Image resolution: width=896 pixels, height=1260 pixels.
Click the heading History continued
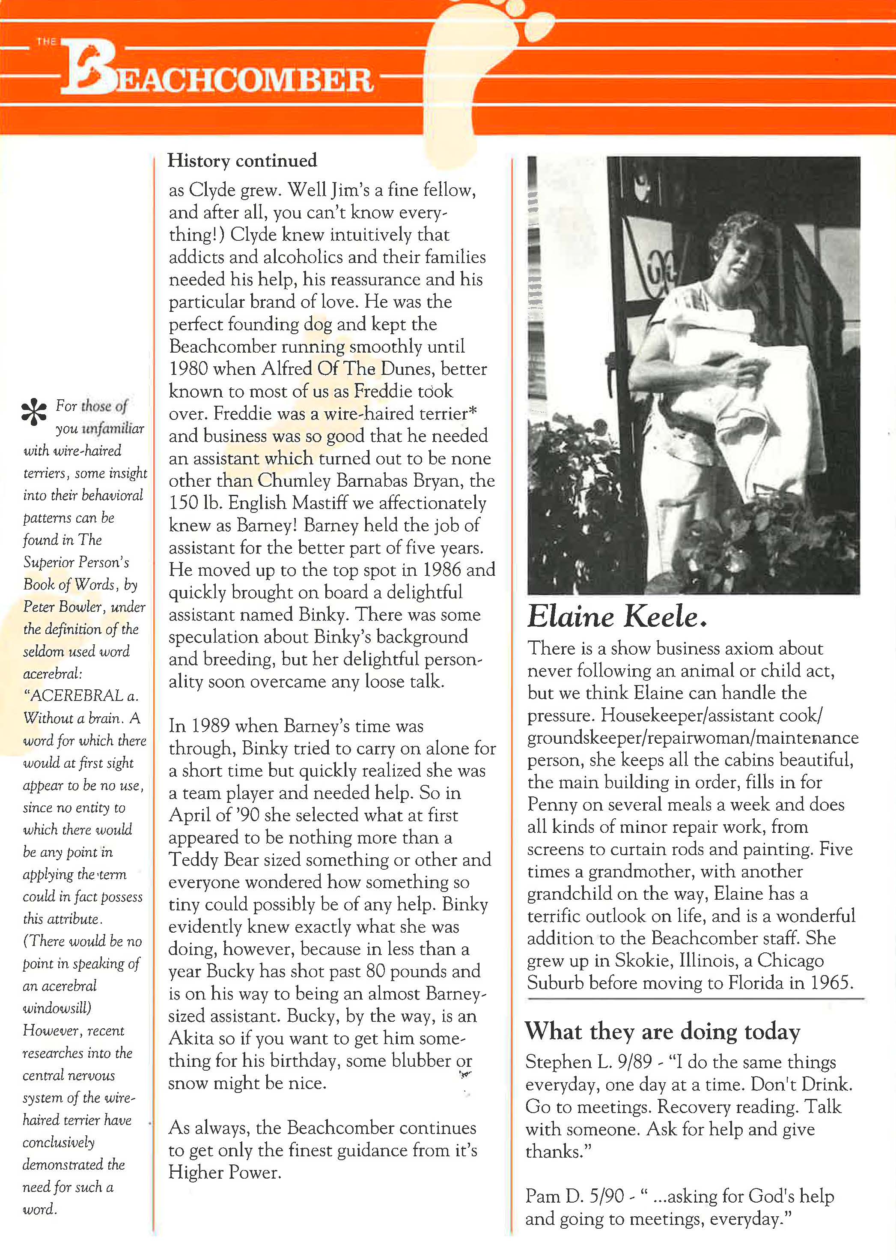point(242,161)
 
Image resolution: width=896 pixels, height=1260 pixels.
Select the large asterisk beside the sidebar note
point(34,411)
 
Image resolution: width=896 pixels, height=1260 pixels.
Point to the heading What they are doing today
point(662,1031)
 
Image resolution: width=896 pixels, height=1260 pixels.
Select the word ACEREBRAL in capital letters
point(77,696)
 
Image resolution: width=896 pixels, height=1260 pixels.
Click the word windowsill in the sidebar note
point(56,1008)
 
